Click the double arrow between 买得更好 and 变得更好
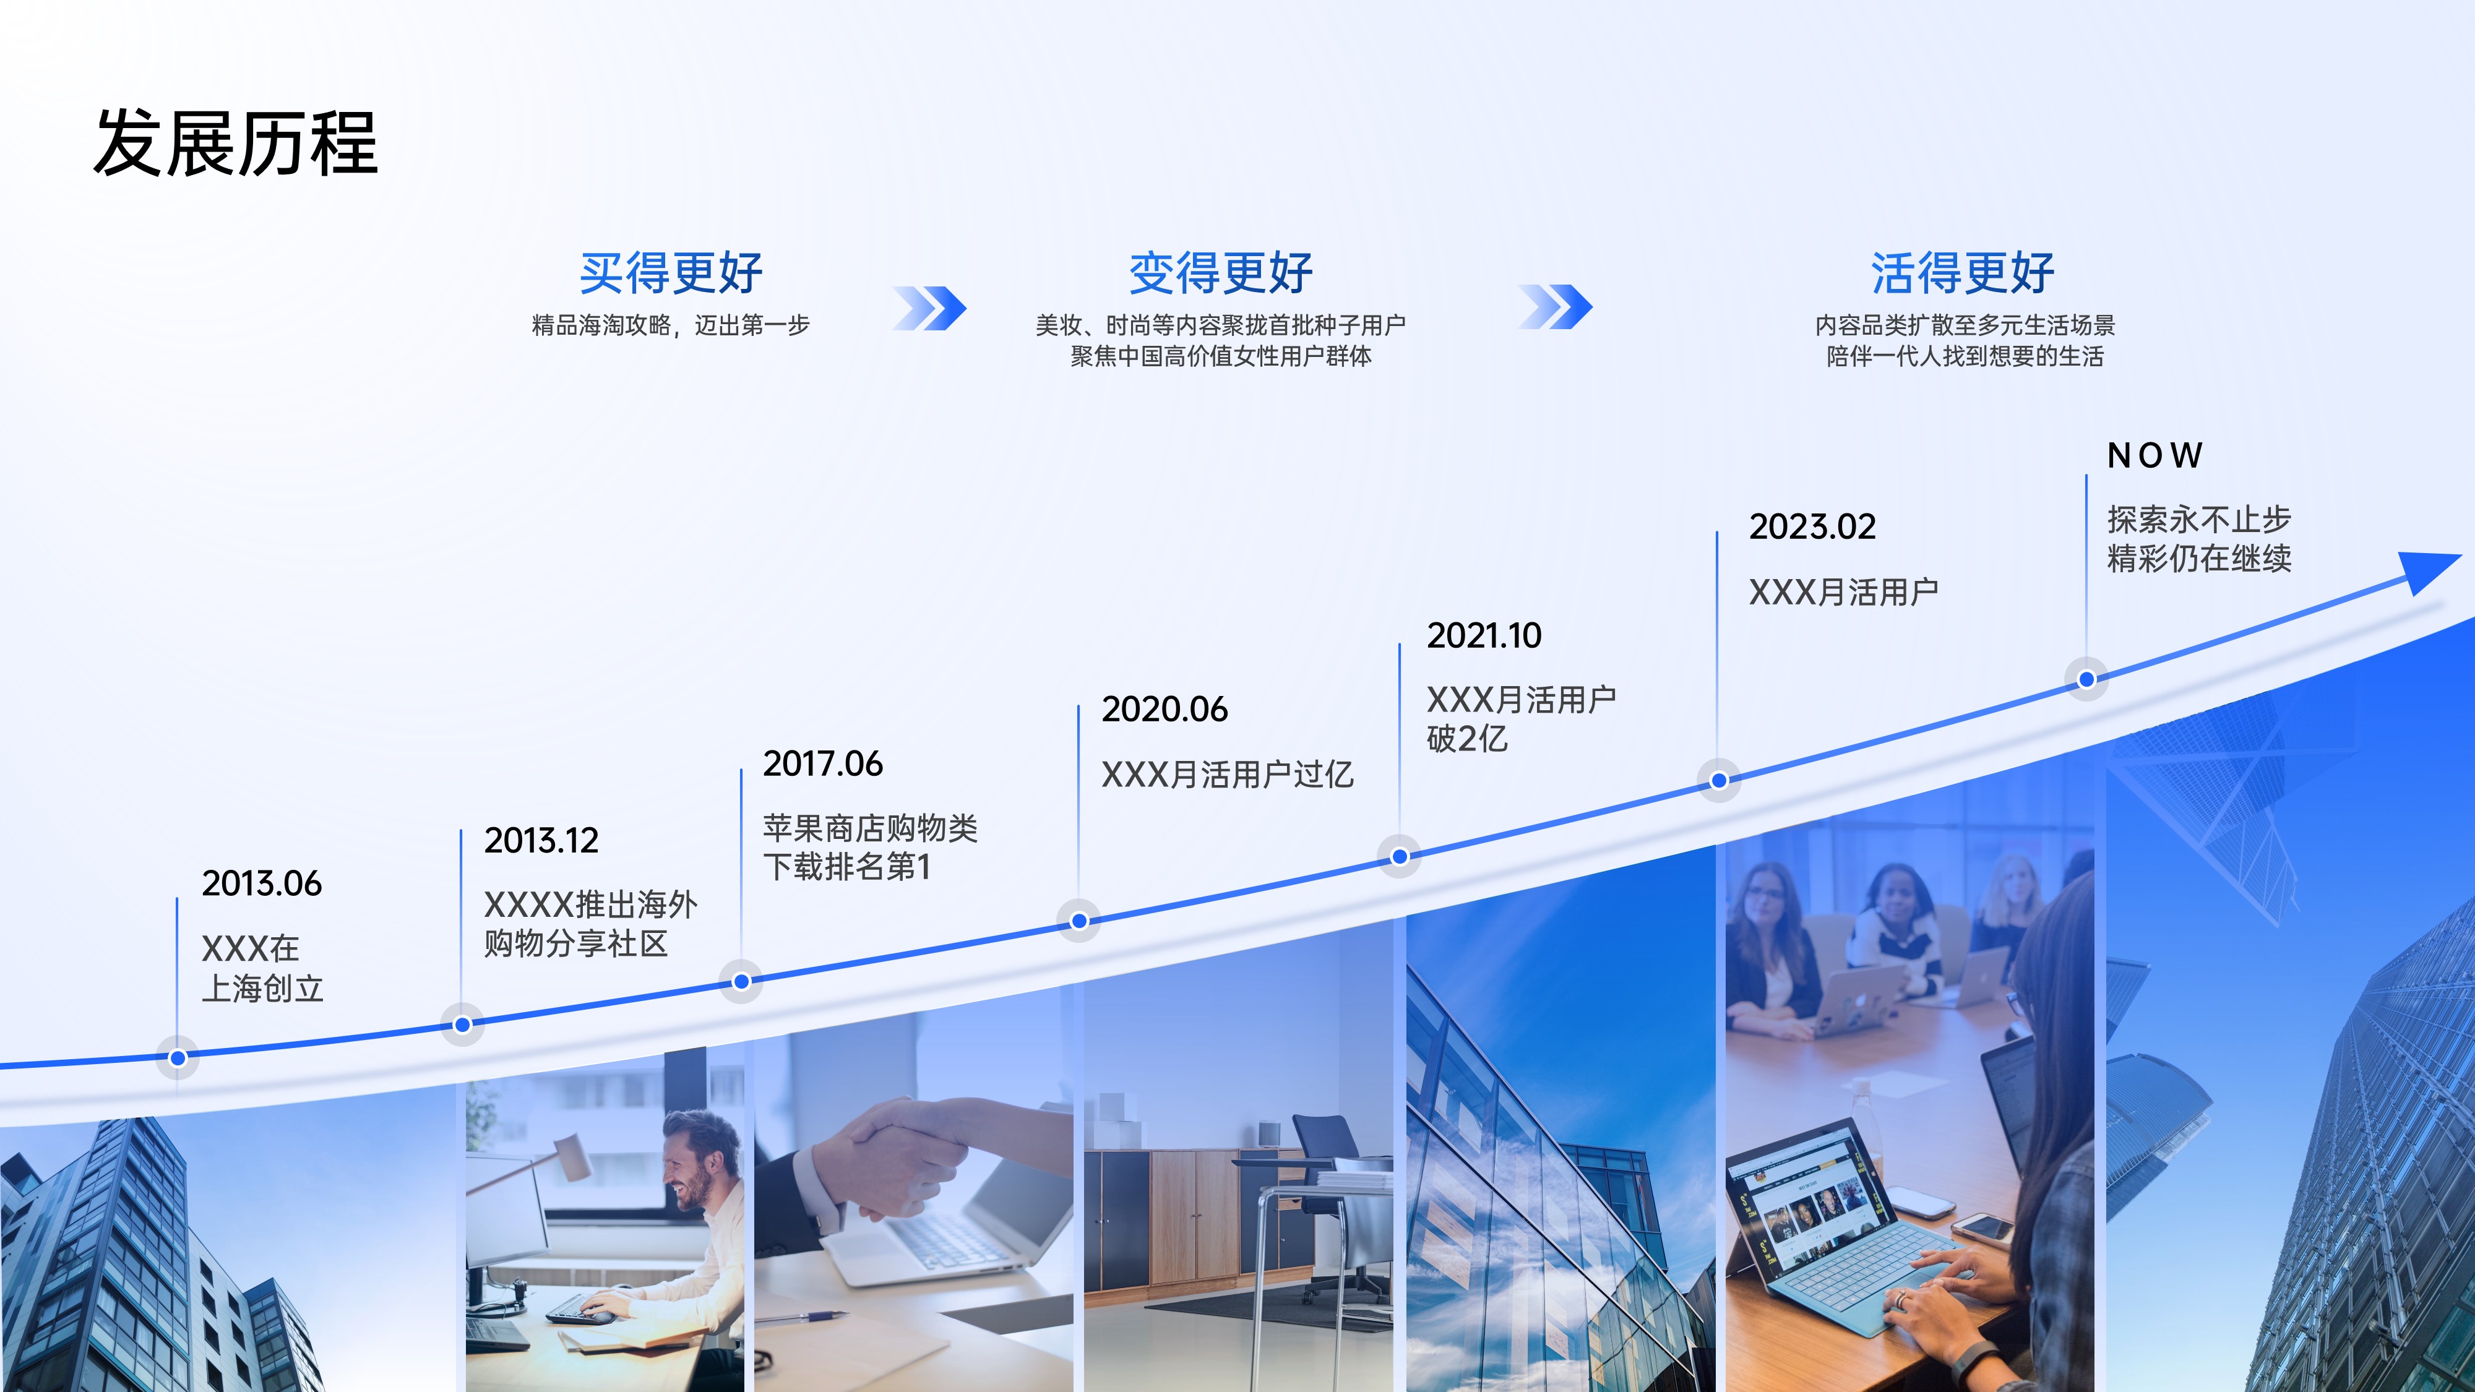point(929,307)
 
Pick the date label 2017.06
point(822,763)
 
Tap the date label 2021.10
point(1484,636)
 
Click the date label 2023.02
point(1812,526)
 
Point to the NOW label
point(2154,455)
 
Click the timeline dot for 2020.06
point(1079,921)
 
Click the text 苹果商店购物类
point(871,828)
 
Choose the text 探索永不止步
point(2199,520)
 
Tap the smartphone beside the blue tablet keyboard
point(1982,1227)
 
